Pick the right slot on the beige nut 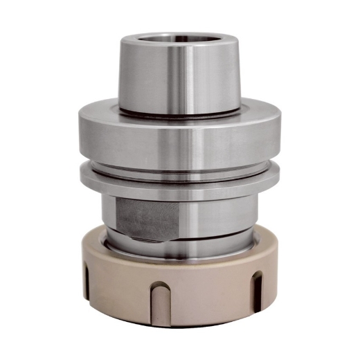[257, 287]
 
